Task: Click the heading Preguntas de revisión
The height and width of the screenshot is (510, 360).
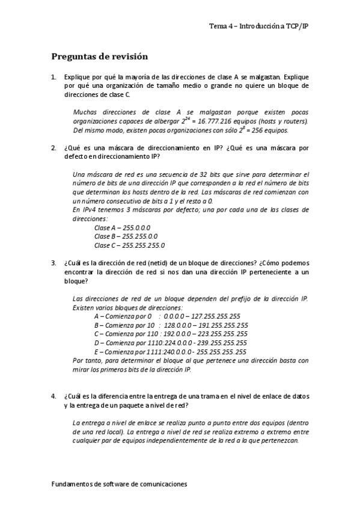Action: (99, 57)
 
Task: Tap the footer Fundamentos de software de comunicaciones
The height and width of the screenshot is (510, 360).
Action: (120, 483)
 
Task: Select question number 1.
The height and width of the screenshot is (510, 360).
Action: (54, 78)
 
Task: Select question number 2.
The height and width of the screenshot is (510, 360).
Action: (54, 147)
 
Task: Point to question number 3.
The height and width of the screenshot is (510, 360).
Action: (54, 263)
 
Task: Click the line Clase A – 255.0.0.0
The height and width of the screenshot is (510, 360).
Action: (122, 227)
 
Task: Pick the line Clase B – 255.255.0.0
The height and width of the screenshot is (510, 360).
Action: (126, 236)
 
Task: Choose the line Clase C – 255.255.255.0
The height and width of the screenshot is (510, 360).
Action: (130, 245)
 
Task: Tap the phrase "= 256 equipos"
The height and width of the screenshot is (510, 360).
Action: (268, 130)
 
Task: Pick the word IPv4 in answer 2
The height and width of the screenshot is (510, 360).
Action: (88, 210)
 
